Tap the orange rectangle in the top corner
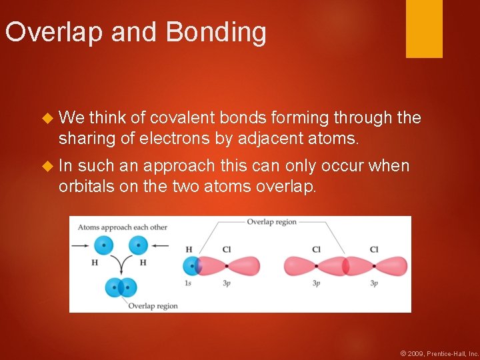coord(424,29)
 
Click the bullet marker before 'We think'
coord(47,119)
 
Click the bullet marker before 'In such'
coord(47,166)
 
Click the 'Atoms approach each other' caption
coord(122,227)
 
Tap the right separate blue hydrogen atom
coord(137,246)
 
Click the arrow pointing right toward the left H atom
coord(81,246)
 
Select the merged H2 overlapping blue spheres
coord(121,288)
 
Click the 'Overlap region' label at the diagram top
coord(271,222)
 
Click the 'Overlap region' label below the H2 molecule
coord(153,306)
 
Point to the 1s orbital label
coord(189,283)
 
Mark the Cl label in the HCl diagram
coord(226,250)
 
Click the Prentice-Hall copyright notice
coord(439,353)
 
